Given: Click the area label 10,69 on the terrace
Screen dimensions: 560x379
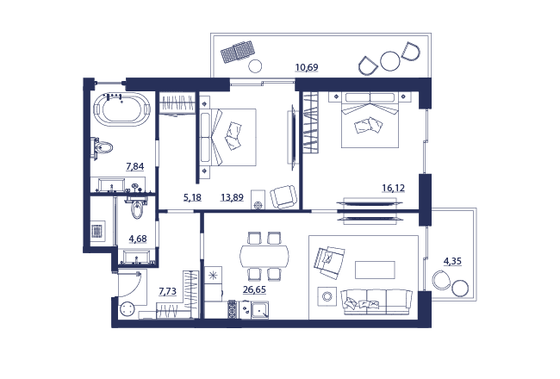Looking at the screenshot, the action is coord(307,67).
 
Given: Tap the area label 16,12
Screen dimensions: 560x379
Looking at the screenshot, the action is coord(393,188).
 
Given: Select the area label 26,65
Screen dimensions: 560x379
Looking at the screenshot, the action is coord(254,289).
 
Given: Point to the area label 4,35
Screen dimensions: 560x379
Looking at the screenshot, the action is coord(452,262).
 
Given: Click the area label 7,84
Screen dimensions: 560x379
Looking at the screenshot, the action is coord(135,166).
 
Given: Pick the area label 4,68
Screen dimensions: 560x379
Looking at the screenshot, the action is coord(138,239).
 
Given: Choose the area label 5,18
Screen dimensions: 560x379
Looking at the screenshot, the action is coord(192,197).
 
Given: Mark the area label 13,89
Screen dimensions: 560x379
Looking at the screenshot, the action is coord(232,197).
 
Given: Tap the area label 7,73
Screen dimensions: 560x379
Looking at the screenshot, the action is coord(167,291).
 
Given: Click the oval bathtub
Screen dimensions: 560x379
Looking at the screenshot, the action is coord(121,109).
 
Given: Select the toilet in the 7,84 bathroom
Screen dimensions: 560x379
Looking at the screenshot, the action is coord(102,147).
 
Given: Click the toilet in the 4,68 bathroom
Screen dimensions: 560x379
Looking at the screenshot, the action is coord(137,208).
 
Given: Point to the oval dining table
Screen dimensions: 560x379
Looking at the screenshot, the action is coord(264,256).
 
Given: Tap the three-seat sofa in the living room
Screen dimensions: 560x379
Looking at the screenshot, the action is coord(376,301).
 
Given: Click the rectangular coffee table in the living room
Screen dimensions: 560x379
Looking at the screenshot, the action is coord(375,270).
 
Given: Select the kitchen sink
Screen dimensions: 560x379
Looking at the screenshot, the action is coord(259,310).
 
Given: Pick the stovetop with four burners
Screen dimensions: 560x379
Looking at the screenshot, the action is coord(232,309).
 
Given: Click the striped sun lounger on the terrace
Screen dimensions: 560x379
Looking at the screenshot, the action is coord(238,52).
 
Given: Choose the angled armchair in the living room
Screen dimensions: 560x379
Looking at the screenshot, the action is coord(329,263).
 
